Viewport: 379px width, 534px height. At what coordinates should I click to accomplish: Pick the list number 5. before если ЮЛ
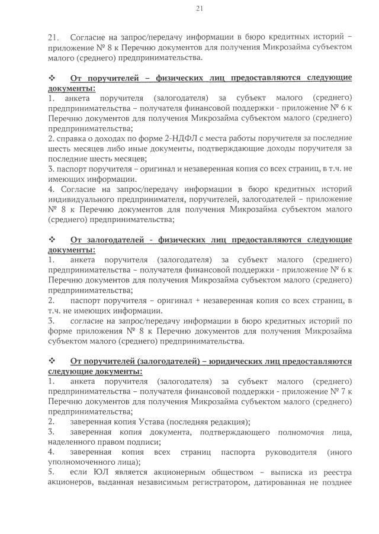pyautogui.click(x=51, y=472)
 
